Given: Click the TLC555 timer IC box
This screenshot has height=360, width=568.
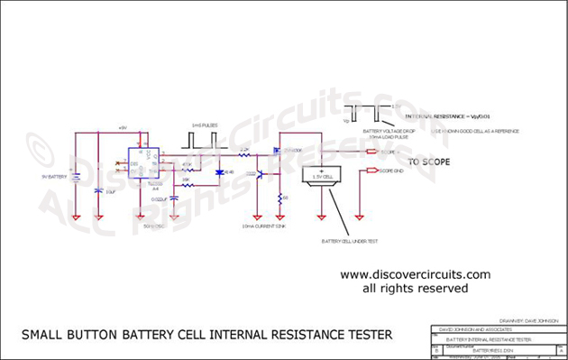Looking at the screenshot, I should tap(143, 163).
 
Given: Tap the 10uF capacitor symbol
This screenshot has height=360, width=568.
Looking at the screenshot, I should tap(98, 190).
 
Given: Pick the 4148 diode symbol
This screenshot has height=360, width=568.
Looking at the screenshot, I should tap(219, 171).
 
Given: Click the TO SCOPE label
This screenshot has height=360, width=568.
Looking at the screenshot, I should tap(429, 162).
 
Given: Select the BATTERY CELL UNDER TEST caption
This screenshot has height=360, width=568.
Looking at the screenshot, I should tap(352, 243).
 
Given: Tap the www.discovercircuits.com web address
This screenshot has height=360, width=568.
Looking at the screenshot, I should tap(415, 274).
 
